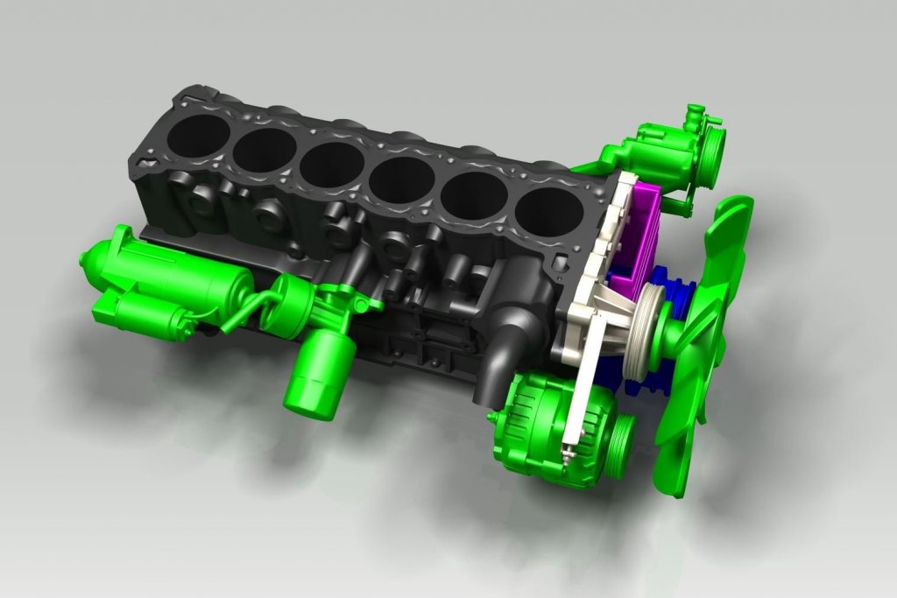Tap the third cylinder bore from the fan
tap(402, 181)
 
